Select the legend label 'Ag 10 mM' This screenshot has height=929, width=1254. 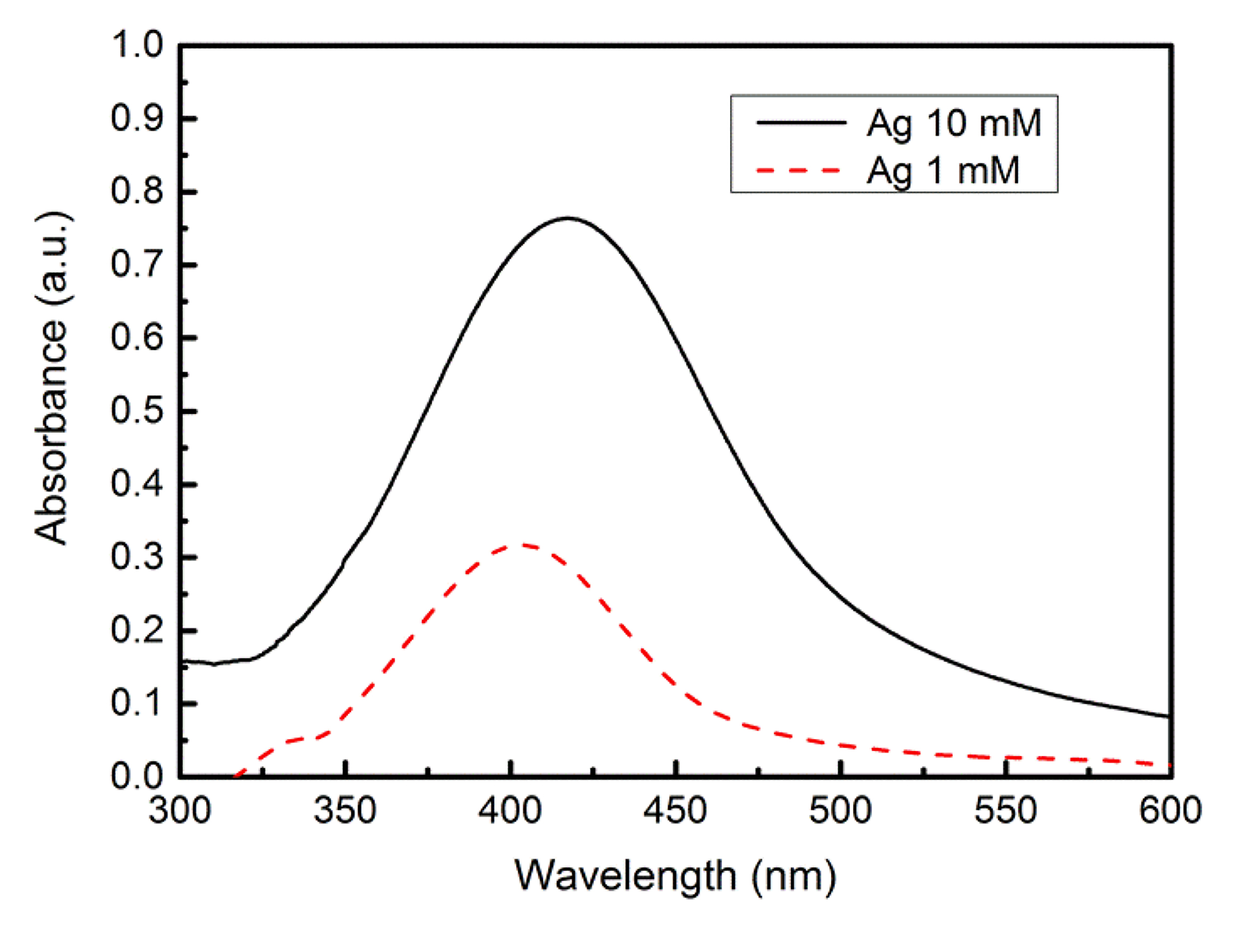[x=954, y=123]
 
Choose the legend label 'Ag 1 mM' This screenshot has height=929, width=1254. [x=942, y=170]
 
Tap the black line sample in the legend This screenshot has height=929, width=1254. [x=801, y=122]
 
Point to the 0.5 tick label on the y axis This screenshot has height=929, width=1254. [x=136, y=410]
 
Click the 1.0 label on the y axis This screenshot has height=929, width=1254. [x=136, y=45]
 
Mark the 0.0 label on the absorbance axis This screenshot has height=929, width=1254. [x=136, y=776]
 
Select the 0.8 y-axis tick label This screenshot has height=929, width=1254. [x=136, y=191]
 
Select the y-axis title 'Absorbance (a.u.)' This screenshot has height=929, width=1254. [x=51, y=378]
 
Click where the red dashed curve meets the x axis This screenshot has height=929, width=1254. [x=235, y=777]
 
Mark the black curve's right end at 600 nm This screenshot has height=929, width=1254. [x=1169, y=717]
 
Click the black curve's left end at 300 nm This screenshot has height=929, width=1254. [x=182, y=661]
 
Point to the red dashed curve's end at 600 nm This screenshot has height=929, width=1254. [x=1169, y=765]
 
